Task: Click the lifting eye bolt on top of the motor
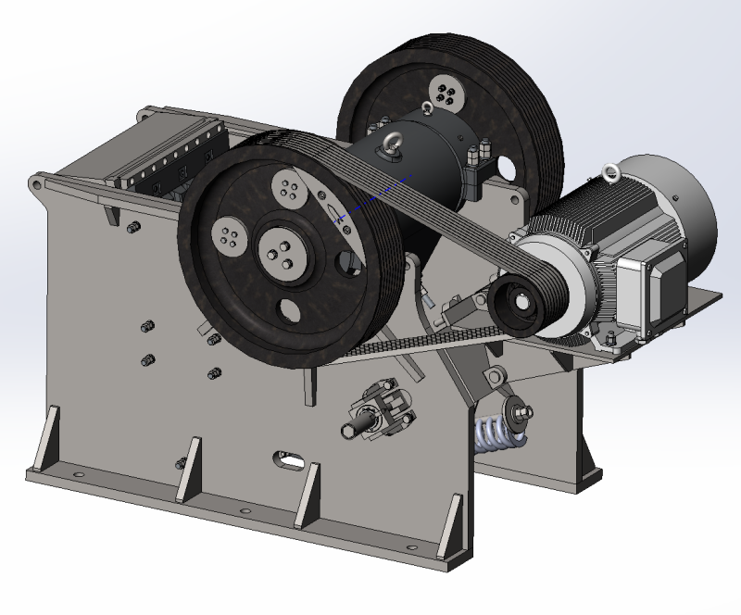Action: [609, 170]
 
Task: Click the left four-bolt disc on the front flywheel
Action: [228, 236]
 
